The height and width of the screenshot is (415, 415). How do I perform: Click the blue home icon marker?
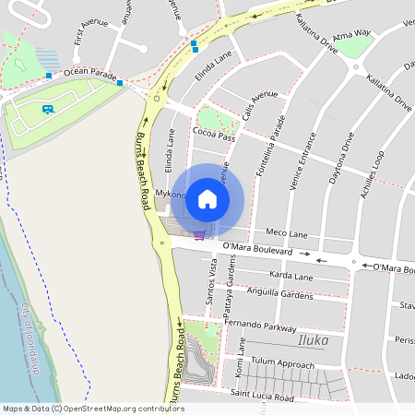click(x=207, y=199)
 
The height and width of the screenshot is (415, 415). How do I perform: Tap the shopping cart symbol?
click(x=199, y=235)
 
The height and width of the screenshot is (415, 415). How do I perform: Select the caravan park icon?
click(x=47, y=109)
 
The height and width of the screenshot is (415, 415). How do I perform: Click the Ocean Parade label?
click(x=91, y=74)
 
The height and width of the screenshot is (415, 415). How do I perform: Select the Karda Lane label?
click(x=290, y=276)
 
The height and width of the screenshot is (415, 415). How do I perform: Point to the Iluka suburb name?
click(x=314, y=341)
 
